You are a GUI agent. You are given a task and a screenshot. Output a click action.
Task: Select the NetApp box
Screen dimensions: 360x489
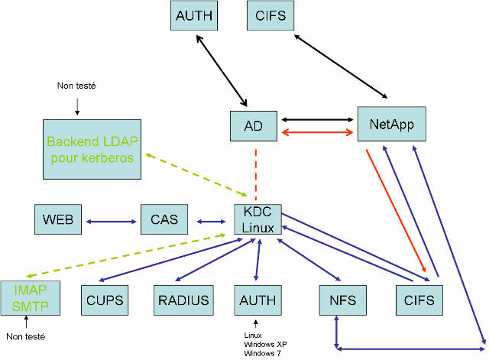click(391, 124)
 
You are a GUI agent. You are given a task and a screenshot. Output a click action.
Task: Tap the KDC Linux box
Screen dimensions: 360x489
click(257, 219)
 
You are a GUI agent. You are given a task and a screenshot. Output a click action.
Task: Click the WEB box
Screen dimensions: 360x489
click(58, 220)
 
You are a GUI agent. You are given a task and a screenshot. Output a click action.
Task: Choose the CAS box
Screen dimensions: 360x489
click(164, 220)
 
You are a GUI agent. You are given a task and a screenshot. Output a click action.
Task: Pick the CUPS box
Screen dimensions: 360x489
click(105, 300)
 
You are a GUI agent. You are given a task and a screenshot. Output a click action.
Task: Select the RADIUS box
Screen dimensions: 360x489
click(183, 300)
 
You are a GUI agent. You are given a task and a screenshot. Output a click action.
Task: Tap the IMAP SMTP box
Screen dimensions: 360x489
click(29, 299)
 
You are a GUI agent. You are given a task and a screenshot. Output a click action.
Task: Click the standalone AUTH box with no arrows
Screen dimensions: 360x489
click(194, 15)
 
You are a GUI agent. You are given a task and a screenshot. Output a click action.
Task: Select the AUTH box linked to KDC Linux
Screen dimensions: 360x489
click(257, 300)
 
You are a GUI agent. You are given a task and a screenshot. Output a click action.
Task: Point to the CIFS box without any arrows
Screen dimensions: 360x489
click(270, 15)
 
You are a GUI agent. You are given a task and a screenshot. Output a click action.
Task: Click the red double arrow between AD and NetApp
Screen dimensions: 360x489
click(319, 132)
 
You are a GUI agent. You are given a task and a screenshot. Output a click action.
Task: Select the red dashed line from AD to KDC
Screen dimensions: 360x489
click(255, 172)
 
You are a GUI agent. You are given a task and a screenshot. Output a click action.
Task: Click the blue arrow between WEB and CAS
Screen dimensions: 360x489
click(111, 222)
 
